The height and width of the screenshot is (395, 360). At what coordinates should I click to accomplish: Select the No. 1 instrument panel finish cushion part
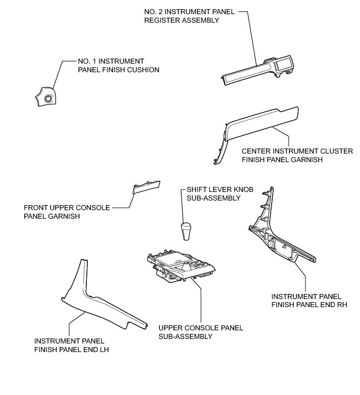tap(44, 96)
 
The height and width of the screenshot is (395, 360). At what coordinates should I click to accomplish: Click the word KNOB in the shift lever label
tap(243, 190)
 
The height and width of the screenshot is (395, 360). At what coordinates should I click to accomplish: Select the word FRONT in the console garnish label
tap(35, 207)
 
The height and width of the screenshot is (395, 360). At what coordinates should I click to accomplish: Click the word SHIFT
tap(197, 190)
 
